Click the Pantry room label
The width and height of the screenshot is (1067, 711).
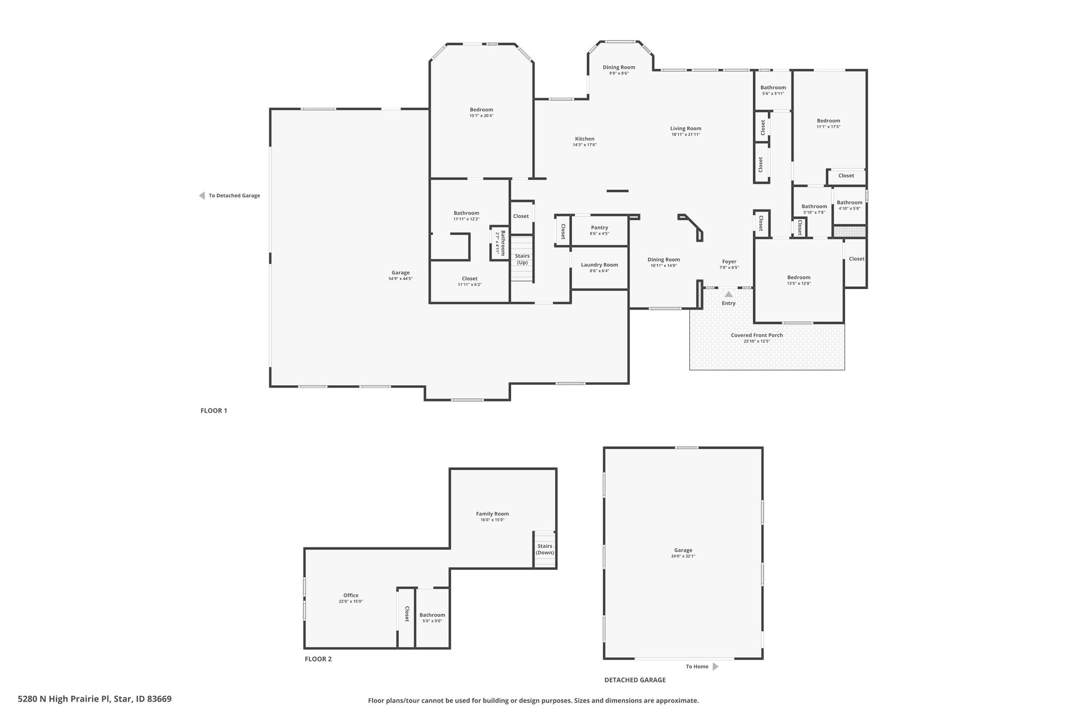coord(599,228)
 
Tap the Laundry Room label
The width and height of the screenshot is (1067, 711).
coord(599,265)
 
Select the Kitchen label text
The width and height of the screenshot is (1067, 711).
coord(585,139)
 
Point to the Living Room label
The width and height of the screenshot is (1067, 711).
coord(686,129)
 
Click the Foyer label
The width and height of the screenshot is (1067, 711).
coord(729,261)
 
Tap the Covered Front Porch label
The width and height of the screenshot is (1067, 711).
coord(756,335)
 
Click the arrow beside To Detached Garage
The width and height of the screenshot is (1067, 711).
coord(202,196)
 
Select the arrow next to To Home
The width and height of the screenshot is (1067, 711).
coord(715,666)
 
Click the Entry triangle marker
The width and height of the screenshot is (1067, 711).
coord(728,294)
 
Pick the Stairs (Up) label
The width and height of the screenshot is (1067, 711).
coord(522,259)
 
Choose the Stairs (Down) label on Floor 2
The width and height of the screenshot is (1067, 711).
coord(545,550)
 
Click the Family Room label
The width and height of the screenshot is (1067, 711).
coord(492,514)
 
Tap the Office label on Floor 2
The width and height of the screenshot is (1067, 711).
coord(351,595)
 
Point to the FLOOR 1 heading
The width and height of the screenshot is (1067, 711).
coord(214,410)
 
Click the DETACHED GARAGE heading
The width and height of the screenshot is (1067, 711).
coord(635,680)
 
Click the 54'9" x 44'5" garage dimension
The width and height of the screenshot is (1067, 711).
coord(400,279)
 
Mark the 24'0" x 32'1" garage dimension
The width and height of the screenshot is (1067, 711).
coord(683,556)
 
